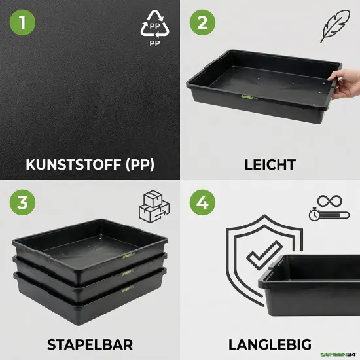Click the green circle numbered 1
(x=24, y=24)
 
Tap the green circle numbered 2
(x=203, y=24)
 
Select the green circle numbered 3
(x=24, y=203)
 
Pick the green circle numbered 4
(x=203, y=203)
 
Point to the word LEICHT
(x=269, y=164)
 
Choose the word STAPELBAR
(x=90, y=343)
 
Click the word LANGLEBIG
(x=269, y=343)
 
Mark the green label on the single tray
(x=248, y=98)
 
